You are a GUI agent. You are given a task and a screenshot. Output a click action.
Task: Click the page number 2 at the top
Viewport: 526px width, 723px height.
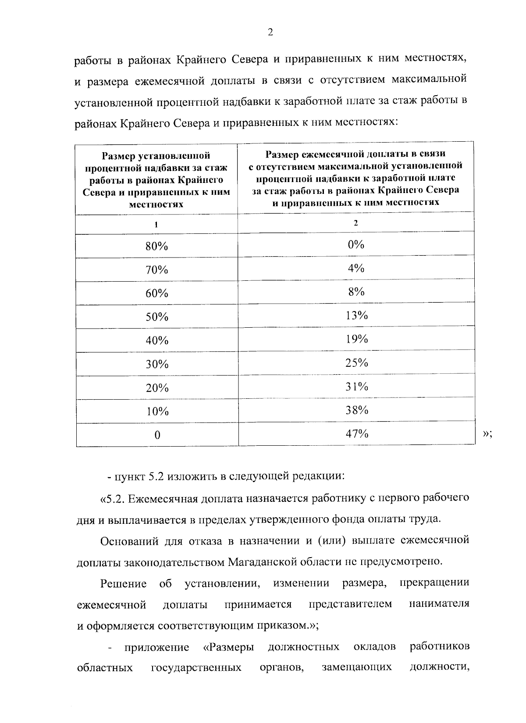(270, 32)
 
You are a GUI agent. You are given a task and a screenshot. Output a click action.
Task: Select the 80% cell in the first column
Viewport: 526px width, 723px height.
(157, 246)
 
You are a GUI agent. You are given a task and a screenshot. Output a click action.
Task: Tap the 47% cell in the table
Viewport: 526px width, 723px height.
(356, 434)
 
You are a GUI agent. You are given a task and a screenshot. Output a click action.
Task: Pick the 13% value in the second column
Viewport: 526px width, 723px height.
(356, 315)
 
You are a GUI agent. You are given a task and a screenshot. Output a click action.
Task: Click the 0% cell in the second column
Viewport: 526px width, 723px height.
(356, 244)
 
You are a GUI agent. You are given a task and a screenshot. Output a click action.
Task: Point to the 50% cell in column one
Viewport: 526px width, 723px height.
(157, 317)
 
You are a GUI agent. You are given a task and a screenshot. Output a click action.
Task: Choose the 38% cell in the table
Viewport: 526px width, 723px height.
(356, 410)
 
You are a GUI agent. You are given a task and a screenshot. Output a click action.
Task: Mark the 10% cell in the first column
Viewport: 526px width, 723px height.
(157, 412)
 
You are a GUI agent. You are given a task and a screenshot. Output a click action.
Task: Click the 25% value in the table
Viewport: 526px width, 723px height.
(356, 363)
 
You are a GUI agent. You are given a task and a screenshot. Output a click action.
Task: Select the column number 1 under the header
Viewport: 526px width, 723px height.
(156, 224)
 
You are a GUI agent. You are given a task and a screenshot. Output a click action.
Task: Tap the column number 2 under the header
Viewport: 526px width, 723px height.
(356, 223)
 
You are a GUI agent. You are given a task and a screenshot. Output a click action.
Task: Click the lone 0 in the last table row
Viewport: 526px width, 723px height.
(157, 435)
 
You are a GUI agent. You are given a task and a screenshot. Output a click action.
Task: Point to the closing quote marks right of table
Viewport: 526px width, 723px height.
(487, 433)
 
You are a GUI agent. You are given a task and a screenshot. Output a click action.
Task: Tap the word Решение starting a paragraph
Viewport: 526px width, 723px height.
(123, 583)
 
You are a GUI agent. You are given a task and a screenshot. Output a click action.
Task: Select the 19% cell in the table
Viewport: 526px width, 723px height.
(356, 339)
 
